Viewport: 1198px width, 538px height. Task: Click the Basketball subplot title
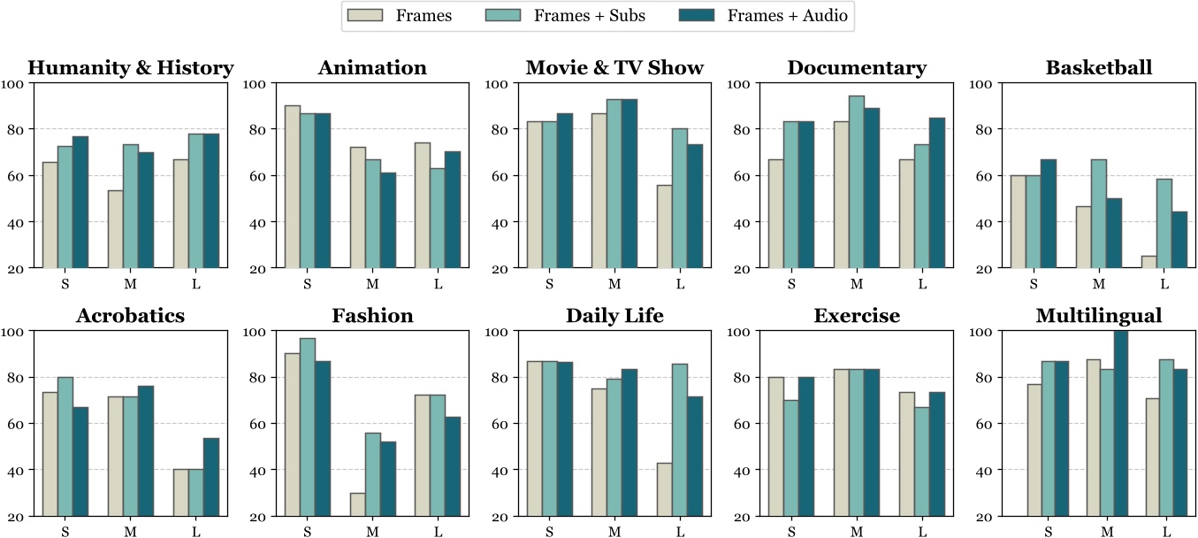pyautogui.click(x=1098, y=68)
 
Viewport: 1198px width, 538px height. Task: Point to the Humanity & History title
pyautogui.click(x=130, y=68)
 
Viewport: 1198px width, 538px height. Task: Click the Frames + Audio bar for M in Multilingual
pyautogui.click(x=1120, y=424)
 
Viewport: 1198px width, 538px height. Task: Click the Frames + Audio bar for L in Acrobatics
pyautogui.click(x=211, y=477)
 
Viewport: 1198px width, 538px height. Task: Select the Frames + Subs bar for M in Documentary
pyautogui.click(x=856, y=181)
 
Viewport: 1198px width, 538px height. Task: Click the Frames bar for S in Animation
pyautogui.click(x=293, y=187)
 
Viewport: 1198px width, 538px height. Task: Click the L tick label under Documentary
pyautogui.click(x=921, y=284)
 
